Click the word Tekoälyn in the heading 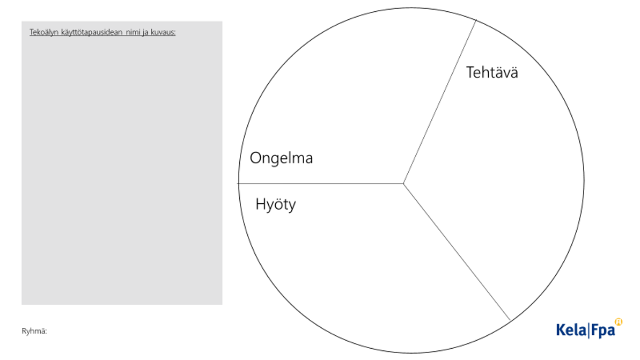pos(44,32)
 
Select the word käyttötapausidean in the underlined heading pos(92,32)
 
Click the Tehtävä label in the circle pos(492,72)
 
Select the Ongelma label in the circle pos(281,158)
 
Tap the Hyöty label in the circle pos(276,204)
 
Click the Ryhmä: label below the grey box pos(34,331)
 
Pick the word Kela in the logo pos(571,330)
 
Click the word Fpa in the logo pos(603,330)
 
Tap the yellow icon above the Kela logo pos(619,321)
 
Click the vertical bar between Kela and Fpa pos(588,330)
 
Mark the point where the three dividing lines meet pos(403,183)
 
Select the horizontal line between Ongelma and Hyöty pos(321,183)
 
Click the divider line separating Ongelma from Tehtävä pos(439,101)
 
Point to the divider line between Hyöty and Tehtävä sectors pos(457,252)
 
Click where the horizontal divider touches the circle pos(239,183)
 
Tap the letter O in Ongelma pos(255,158)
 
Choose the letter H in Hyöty pos(260,204)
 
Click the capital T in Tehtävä pos(470,72)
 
